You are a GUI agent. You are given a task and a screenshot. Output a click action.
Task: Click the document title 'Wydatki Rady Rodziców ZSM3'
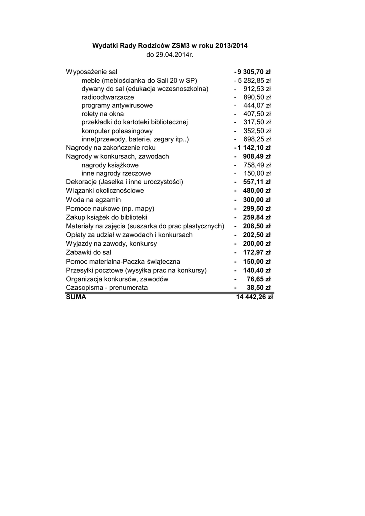coord(170,46)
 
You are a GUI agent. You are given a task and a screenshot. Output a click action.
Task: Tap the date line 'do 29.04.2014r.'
coord(170,54)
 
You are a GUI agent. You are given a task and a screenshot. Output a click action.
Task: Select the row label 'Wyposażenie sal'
coord(92,72)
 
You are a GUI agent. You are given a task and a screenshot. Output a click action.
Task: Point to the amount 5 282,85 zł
coord(255,80)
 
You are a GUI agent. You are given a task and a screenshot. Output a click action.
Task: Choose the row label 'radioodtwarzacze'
coord(108,97)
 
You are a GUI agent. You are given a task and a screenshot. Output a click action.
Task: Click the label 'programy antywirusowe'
coord(117,106)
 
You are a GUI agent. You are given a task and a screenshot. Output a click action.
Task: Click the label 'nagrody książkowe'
coord(110,165)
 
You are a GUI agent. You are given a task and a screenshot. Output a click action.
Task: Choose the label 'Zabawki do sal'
coord(89,252)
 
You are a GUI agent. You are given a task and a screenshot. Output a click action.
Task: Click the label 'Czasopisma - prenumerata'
coord(107,288)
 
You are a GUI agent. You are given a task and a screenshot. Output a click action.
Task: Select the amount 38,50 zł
coord(259,288)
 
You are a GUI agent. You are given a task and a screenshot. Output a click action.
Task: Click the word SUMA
coord(76,297)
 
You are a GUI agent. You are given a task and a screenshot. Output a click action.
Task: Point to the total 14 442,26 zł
coord(254,297)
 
